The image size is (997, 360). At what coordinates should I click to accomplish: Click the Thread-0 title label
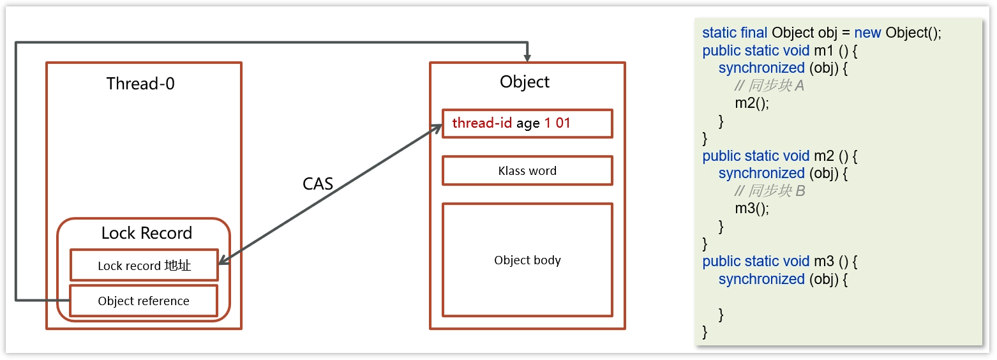pos(140,84)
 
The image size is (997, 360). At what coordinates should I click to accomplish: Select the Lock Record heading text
pos(146,233)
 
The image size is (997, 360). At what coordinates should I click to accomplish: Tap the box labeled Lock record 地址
pos(144,266)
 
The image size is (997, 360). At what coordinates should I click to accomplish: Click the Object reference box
pos(144,301)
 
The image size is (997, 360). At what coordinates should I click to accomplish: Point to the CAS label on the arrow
pos(318,184)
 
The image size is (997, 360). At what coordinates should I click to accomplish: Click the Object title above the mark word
pos(524,82)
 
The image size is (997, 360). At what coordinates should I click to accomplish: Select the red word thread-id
pos(482,123)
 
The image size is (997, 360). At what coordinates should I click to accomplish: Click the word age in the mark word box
pos(528,124)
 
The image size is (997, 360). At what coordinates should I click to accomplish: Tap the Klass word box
pos(527,170)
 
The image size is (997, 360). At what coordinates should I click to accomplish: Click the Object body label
pos(527,260)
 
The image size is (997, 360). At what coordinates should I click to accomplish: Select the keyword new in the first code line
pos(867,33)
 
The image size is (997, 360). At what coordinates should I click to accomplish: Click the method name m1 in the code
pos(824,50)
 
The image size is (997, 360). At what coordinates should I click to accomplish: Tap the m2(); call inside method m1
pos(752,103)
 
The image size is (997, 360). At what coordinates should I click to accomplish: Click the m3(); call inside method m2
pos(752,208)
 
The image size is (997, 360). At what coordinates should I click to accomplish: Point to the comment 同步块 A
pos(770,86)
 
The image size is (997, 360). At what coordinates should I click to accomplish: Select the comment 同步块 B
pos(770,191)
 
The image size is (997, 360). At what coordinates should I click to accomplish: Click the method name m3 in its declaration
pos(824,261)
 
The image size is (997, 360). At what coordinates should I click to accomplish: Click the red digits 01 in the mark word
pos(563,123)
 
